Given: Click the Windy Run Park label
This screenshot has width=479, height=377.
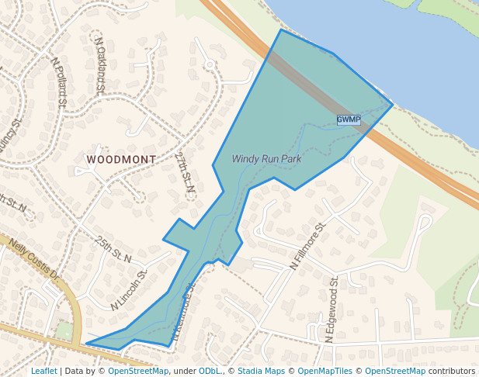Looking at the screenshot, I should pyautogui.click(x=266, y=159).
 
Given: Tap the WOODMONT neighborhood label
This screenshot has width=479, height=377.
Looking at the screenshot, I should pyautogui.click(x=121, y=159).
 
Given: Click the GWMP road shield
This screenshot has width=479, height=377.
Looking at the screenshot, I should pyautogui.click(x=349, y=119).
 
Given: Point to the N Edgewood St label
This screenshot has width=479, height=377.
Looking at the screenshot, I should pyautogui.click(x=331, y=310).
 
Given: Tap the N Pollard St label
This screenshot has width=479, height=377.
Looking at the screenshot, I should pyautogui.click(x=60, y=81).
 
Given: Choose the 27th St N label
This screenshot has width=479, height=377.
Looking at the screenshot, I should pyautogui.click(x=184, y=171).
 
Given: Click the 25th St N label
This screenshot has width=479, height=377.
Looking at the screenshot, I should pyautogui.click(x=114, y=248).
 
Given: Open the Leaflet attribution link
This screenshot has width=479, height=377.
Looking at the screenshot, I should pyautogui.click(x=44, y=372).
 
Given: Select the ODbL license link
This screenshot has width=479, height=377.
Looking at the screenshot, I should pyautogui.click(x=210, y=372).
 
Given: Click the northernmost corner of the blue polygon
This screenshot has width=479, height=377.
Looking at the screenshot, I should pyautogui.click(x=281, y=30).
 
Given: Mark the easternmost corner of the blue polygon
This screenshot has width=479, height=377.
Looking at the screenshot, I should pyautogui.click(x=393, y=104).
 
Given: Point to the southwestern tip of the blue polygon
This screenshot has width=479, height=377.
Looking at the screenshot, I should pyautogui.click(x=86, y=344).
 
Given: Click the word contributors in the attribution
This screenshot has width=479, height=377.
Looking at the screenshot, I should pyautogui.click(x=451, y=372).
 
